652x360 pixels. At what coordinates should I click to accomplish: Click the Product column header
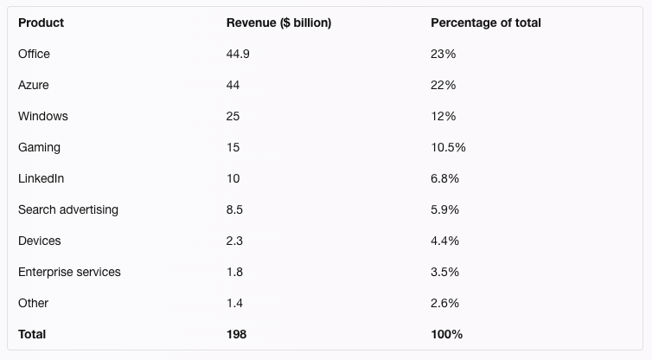[x=41, y=22]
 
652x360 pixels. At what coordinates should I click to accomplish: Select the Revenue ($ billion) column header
[x=278, y=22]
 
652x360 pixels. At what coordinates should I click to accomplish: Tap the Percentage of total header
[x=485, y=22]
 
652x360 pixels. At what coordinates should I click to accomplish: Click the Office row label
[x=34, y=54]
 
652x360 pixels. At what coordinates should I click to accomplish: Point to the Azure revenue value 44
[x=233, y=85]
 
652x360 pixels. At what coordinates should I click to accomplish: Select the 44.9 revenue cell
[x=238, y=54]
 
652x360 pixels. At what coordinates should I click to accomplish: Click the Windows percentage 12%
[x=443, y=116]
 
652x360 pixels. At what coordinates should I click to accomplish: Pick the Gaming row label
[x=39, y=147]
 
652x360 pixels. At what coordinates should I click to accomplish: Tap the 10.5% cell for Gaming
[x=448, y=147]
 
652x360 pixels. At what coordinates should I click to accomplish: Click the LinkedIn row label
[x=41, y=178]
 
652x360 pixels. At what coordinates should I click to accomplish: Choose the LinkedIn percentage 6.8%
[x=444, y=178]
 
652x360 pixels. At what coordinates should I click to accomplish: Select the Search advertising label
[x=68, y=209]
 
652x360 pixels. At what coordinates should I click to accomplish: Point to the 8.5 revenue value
[x=234, y=209]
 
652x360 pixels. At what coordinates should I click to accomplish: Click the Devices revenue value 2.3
[x=234, y=241]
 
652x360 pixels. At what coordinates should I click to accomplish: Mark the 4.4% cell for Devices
[x=444, y=241]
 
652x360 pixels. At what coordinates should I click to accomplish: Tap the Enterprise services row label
[x=69, y=272]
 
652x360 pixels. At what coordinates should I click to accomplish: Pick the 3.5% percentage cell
[x=444, y=272]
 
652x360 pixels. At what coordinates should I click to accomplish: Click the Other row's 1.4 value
[x=234, y=303]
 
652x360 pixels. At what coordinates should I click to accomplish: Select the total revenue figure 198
[x=236, y=334]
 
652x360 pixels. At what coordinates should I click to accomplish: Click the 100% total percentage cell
[x=446, y=334]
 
